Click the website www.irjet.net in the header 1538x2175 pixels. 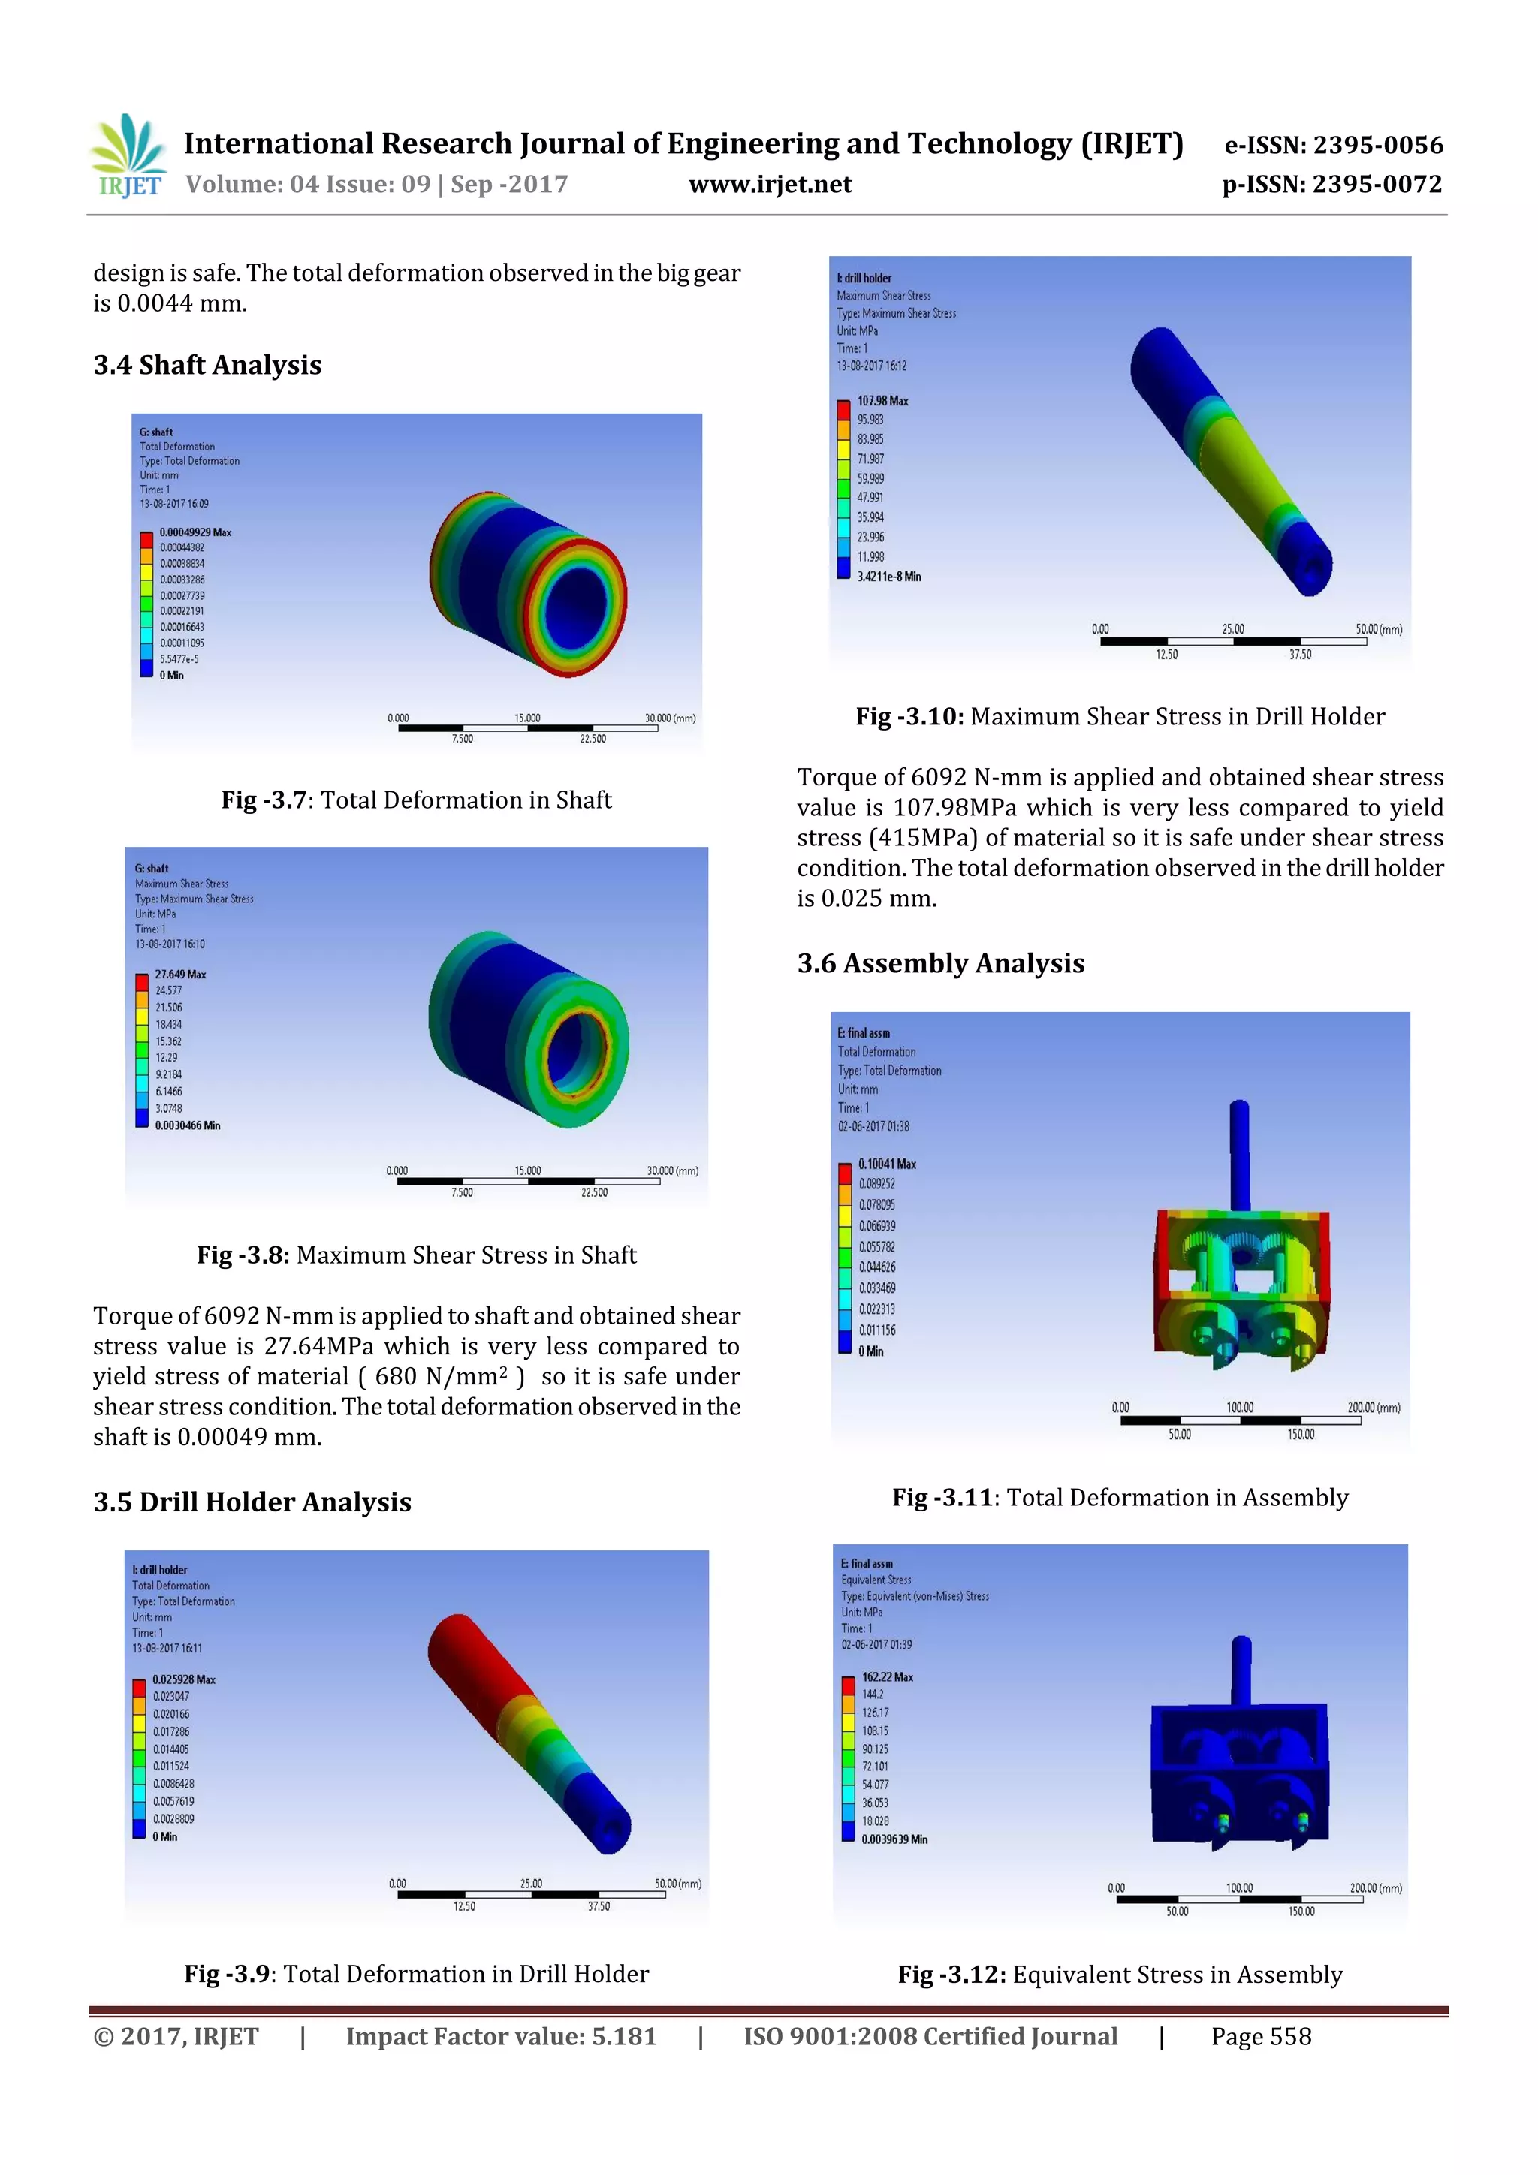click(x=770, y=185)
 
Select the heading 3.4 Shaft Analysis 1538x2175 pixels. click(x=207, y=365)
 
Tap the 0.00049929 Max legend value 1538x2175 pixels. click(x=195, y=532)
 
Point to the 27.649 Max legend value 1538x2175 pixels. click(x=180, y=974)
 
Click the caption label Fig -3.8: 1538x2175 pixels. click(x=243, y=1255)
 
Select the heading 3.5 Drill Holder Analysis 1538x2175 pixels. click(x=252, y=1502)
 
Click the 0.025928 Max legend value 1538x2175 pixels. click(x=184, y=1679)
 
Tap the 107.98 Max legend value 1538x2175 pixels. click(x=882, y=401)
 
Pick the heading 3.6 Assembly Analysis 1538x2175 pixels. click(x=940, y=962)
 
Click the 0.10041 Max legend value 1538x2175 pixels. click(x=887, y=1163)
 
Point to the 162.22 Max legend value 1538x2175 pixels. click(x=887, y=1676)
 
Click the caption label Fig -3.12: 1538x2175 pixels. click(x=951, y=1975)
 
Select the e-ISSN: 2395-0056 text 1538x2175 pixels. click(x=1333, y=145)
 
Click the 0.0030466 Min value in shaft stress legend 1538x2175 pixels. click(x=187, y=1125)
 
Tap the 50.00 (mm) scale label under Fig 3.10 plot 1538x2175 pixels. click(x=1378, y=629)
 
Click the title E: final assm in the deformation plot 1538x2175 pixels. click(x=864, y=1032)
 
